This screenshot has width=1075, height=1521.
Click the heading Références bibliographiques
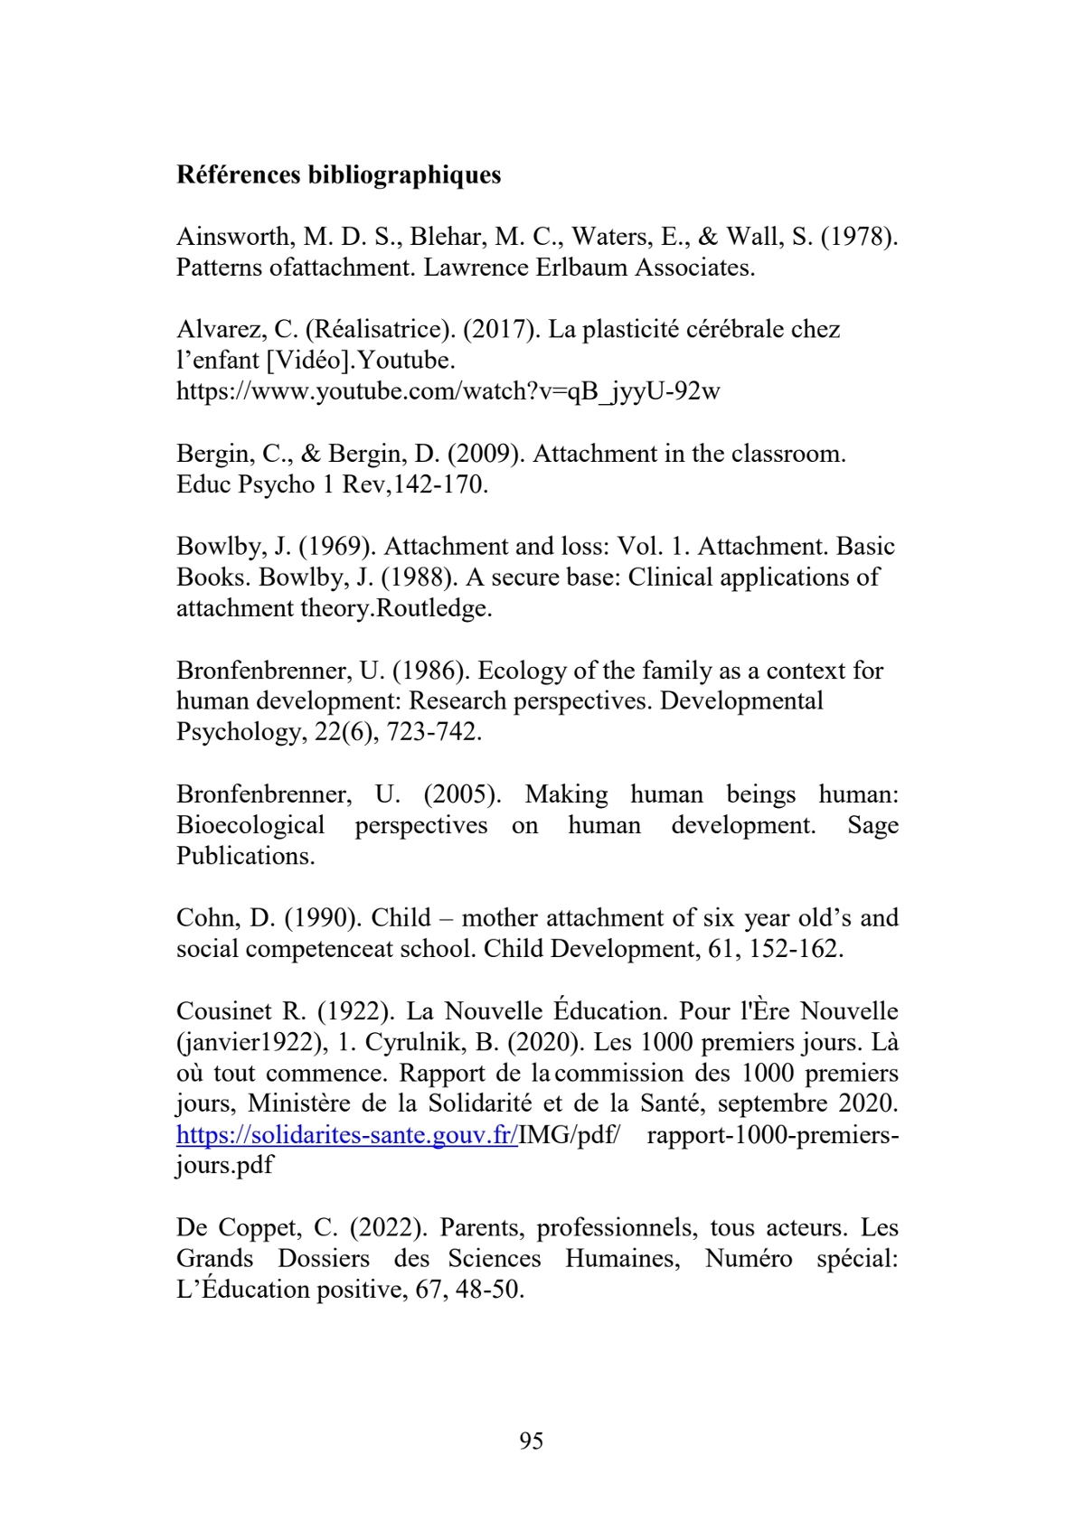click(x=338, y=174)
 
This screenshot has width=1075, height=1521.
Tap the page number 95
click(x=532, y=1441)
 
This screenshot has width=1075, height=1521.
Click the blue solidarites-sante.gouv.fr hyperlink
click(x=346, y=1135)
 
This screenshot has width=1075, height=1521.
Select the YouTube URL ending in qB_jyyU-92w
click(x=448, y=391)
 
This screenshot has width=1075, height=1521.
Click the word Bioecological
click(x=250, y=825)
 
